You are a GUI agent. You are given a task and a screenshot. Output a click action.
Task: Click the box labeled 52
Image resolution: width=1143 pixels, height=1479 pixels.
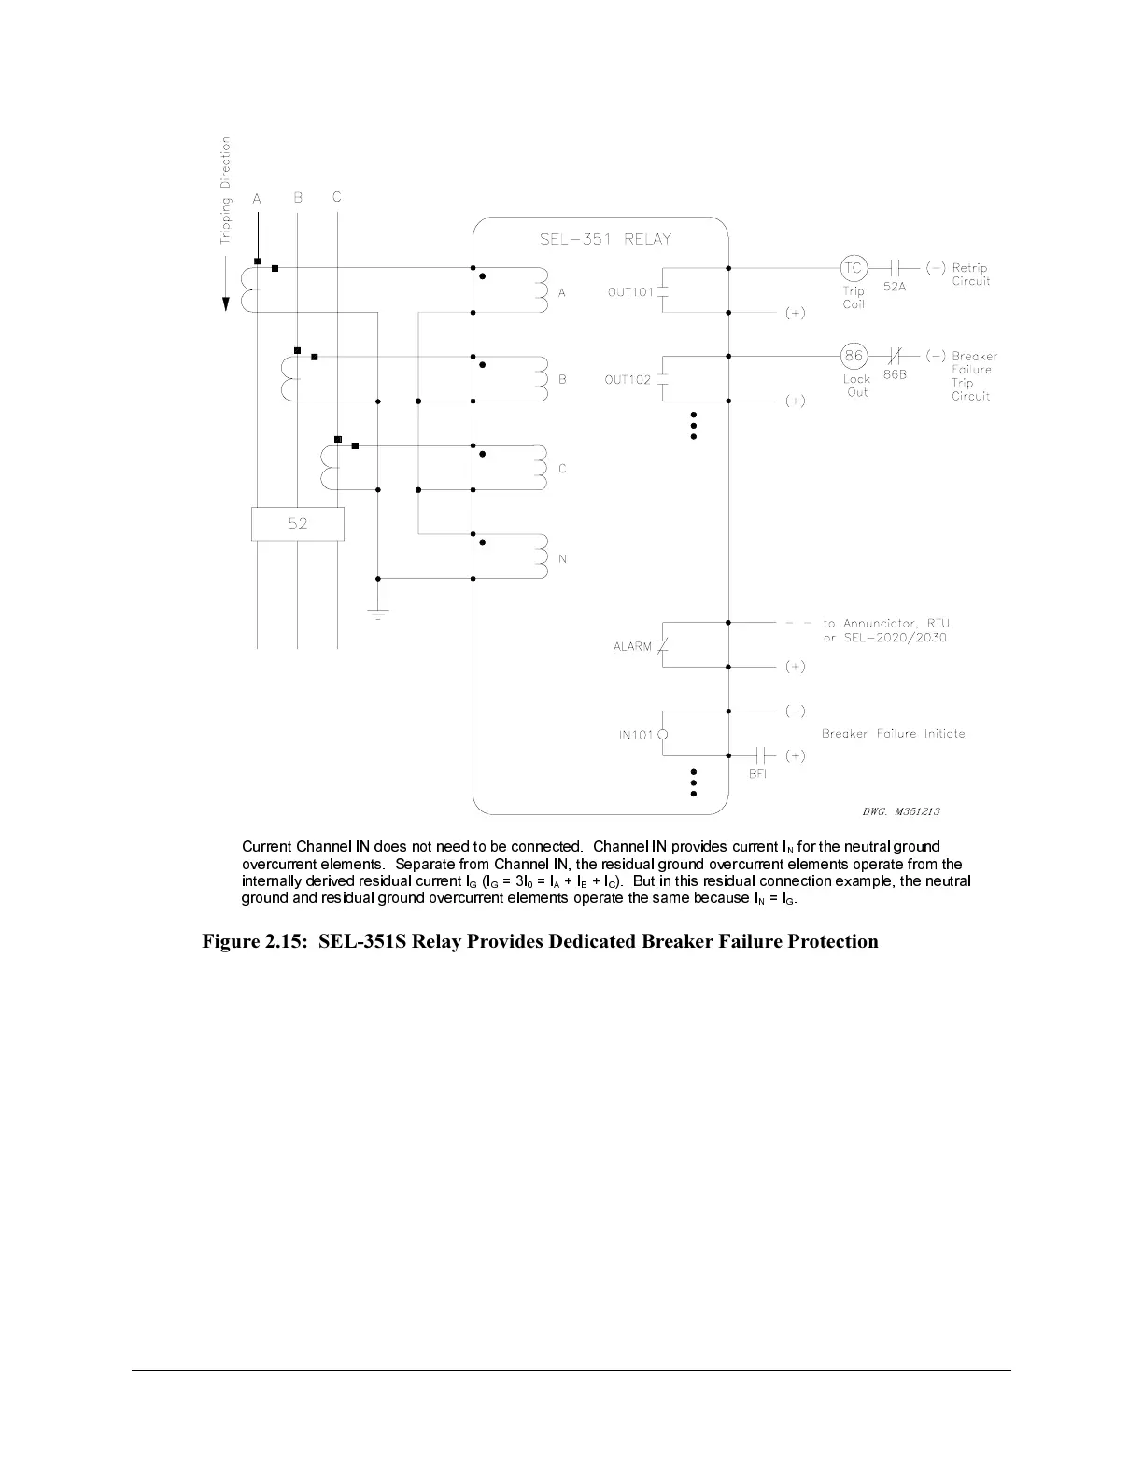tap(298, 524)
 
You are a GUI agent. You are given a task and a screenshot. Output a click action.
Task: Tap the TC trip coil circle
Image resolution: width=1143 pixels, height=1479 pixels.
tap(854, 268)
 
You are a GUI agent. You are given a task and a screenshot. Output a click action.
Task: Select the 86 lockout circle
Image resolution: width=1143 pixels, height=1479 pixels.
tap(854, 356)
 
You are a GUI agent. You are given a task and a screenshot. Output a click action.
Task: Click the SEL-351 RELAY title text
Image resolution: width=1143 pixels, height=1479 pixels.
tap(605, 239)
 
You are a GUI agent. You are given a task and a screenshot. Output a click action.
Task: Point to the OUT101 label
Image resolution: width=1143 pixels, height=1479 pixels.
tap(630, 292)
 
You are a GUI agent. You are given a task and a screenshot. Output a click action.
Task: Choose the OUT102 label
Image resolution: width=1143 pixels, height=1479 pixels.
tap(628, 380)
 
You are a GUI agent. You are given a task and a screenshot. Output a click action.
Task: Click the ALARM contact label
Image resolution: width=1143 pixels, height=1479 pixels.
tap(632, 646)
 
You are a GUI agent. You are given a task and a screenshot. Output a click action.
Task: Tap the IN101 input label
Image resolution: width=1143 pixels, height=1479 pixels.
tap(636, 735)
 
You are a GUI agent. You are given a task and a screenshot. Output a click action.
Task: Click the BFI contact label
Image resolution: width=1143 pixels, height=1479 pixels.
tap(757, 774)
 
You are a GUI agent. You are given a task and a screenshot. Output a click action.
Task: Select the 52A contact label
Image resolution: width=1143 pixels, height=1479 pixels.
tap(895, 287)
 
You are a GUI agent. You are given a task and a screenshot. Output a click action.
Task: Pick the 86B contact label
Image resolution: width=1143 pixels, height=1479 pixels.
tap(895, 374)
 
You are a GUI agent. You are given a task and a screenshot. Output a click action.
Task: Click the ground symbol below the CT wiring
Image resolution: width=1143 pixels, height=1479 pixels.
tap(377, 613)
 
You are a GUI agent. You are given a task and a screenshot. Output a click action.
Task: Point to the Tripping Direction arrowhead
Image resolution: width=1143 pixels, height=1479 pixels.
tap(226, 305)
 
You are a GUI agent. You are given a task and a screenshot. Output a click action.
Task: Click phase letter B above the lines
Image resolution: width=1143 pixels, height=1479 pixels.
tap(298, 198)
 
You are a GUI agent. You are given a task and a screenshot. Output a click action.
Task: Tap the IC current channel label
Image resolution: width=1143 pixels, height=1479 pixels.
tap(561, 469)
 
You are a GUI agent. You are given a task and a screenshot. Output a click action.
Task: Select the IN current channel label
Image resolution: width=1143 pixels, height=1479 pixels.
tap(561, 559)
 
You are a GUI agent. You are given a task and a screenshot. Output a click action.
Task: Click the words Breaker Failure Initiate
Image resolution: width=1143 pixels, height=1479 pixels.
tap(893, 734)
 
